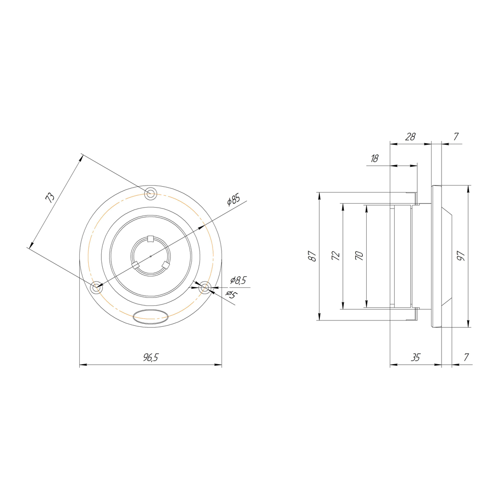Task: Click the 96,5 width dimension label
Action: point(151,357)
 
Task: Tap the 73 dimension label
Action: point(50,198)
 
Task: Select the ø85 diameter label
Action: point(234,200)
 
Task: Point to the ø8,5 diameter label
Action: point(239,280)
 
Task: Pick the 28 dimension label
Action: point(410,137)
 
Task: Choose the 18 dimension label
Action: point(375,158)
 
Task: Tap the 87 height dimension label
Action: point(312,256)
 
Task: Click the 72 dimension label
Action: point(336,255)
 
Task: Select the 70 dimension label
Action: point(359,255)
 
